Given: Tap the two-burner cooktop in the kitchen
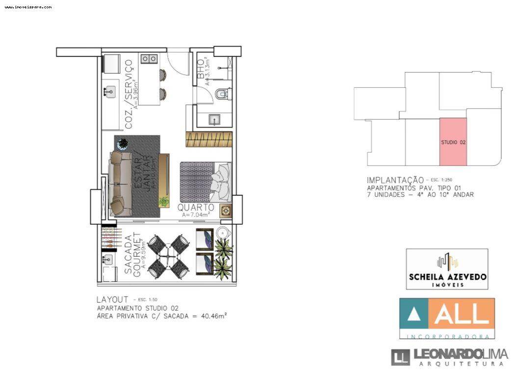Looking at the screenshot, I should coord(149,59).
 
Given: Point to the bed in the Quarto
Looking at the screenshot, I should coord(205,181).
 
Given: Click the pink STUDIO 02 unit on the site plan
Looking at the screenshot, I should coord(453,142).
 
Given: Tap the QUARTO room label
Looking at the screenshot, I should coord(198,208).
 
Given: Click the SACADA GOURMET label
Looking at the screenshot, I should coord(132,256).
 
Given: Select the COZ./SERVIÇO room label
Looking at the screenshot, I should coord(129,94).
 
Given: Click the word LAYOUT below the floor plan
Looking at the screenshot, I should coord(112,299).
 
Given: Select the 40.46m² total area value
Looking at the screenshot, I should coord(214,317).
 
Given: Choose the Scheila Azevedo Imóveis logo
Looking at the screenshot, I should coord(447,269).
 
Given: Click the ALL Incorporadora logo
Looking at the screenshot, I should coord(447,318).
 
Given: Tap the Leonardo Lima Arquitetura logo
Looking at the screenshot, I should coord(449,357).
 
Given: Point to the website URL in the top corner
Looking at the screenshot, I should coord(28,7).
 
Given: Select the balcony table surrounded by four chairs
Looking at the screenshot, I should coord(168,255).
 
